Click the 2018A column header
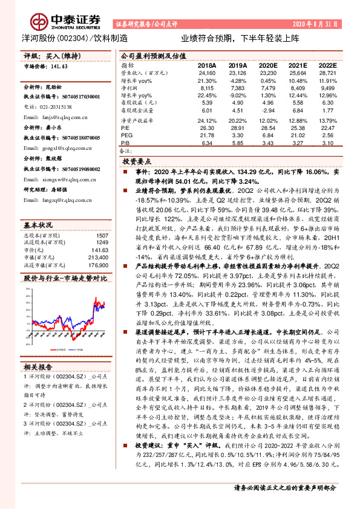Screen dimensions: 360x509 pos(207,65)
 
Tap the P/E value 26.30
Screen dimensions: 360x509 pos(207,128)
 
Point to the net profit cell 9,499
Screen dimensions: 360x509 pos(327,88)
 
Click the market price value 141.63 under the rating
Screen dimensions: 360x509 pos(61,67)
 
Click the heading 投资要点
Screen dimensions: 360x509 pos(139,163)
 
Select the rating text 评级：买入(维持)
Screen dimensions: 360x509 pos(51,56)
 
